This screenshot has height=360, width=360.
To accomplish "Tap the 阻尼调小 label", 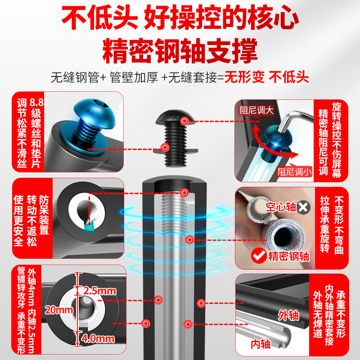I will pos(294,171).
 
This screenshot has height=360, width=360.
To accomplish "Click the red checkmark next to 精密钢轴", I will pos(259,256).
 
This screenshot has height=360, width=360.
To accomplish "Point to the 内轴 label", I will pos(261,344).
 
